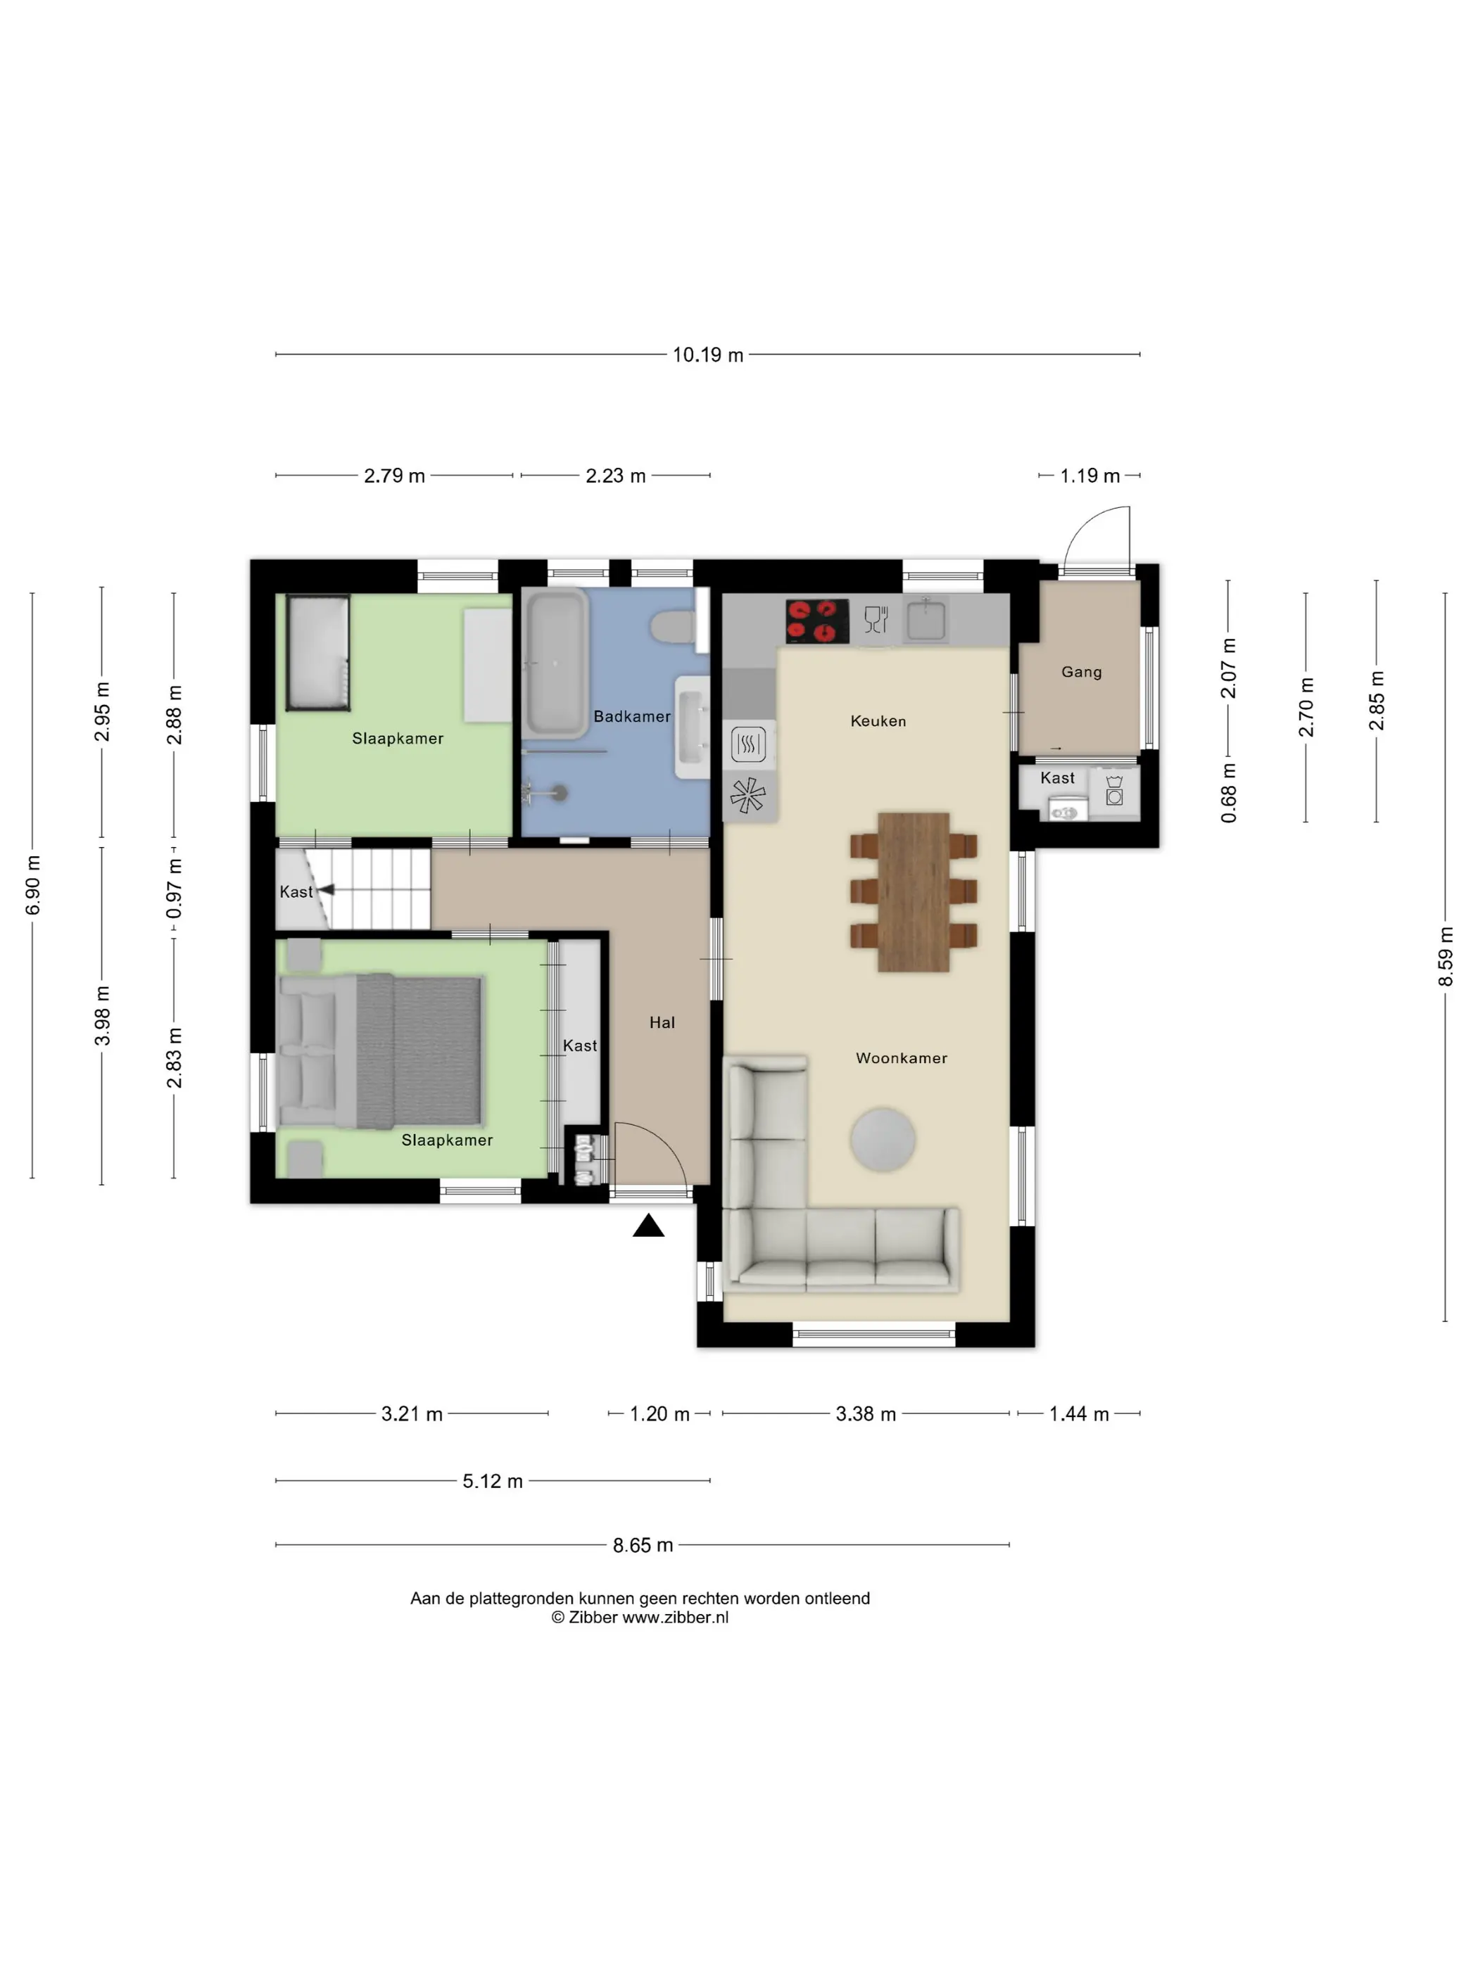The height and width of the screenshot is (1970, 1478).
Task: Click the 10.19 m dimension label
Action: click(707, 355)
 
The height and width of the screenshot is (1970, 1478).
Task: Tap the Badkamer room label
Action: click(631, 716)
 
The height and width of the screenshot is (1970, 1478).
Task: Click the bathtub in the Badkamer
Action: click(555, 663)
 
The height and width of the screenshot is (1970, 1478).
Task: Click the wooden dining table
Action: click(913, 891)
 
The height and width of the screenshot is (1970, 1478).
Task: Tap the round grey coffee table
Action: click(882, 1139)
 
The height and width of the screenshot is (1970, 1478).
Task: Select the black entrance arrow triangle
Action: click(649, 1226)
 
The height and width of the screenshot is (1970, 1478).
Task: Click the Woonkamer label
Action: click(902, 1058)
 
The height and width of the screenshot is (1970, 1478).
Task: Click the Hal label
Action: click(662, 1022)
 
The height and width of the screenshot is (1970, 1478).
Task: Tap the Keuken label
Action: click(878, 720)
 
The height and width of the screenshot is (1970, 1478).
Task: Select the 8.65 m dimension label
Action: click(643, 1544)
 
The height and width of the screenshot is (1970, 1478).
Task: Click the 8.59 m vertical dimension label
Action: click(1445, 955)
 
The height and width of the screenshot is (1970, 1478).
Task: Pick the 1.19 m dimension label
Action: click(1089, 476)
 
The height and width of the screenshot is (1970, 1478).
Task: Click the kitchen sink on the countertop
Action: click(926, 619)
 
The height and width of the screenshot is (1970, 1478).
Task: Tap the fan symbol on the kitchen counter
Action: click(747, 794)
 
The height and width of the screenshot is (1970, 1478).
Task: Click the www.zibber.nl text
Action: click(675, 1618)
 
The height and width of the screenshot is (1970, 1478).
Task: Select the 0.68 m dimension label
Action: click(1229, 792)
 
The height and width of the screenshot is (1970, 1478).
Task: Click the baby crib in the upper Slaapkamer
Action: click(318, 653)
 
